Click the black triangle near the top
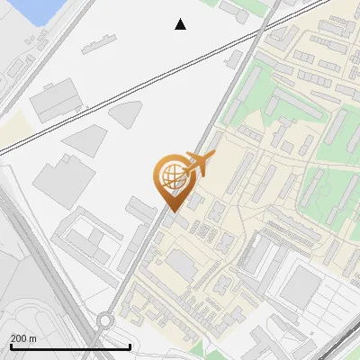(181, 24)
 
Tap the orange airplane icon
(199, 164)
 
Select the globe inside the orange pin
(171, 173)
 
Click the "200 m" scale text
(23, 338)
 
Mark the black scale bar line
(70, 346)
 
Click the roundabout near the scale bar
(105, 320)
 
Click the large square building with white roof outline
(301, 287)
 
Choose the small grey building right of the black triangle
(236, 14)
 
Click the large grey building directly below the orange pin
(183, 265)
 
